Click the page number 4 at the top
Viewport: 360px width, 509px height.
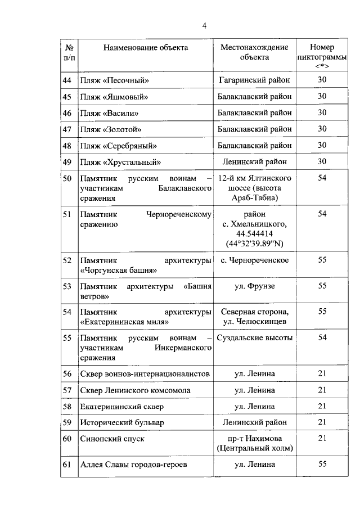click(205, 26)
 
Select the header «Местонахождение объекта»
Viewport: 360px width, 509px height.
click(254, 52)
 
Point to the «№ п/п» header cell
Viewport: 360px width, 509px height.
click(70, 52)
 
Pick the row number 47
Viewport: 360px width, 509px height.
click(67, 129)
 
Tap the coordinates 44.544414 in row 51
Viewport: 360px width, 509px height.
click(254, 233)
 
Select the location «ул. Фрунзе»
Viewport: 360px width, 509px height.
click(254, 286)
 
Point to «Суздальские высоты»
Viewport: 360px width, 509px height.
click(254, 337)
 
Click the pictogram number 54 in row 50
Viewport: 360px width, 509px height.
click(322, 178)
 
